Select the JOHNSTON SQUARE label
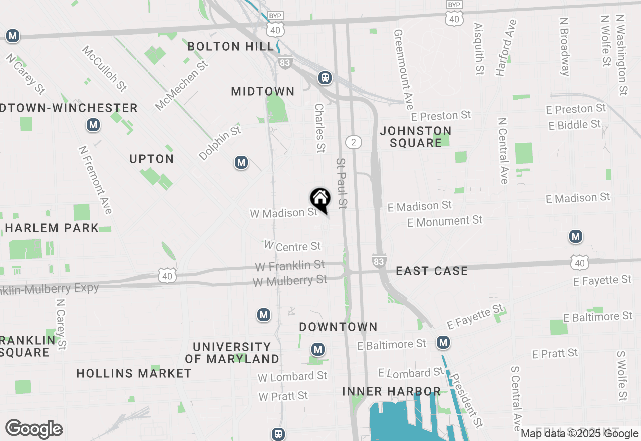(415, 137)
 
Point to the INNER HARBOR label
(392, 391)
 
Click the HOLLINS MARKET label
(134, 373)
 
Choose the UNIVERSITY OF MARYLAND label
(232, 353)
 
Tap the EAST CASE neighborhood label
(432, 271)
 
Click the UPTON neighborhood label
(152, 159)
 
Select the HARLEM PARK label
(52, 228)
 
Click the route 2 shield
(354, 142)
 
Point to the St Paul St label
(342, 184)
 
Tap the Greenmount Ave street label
(404, 69)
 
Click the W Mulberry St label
(290, 280)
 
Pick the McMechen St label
(181, 85)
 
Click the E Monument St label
(445, 221)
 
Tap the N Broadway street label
(565, 47)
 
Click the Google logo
(34, 429)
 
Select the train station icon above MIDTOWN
(325, 78)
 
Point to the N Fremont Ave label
(95, 179)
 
